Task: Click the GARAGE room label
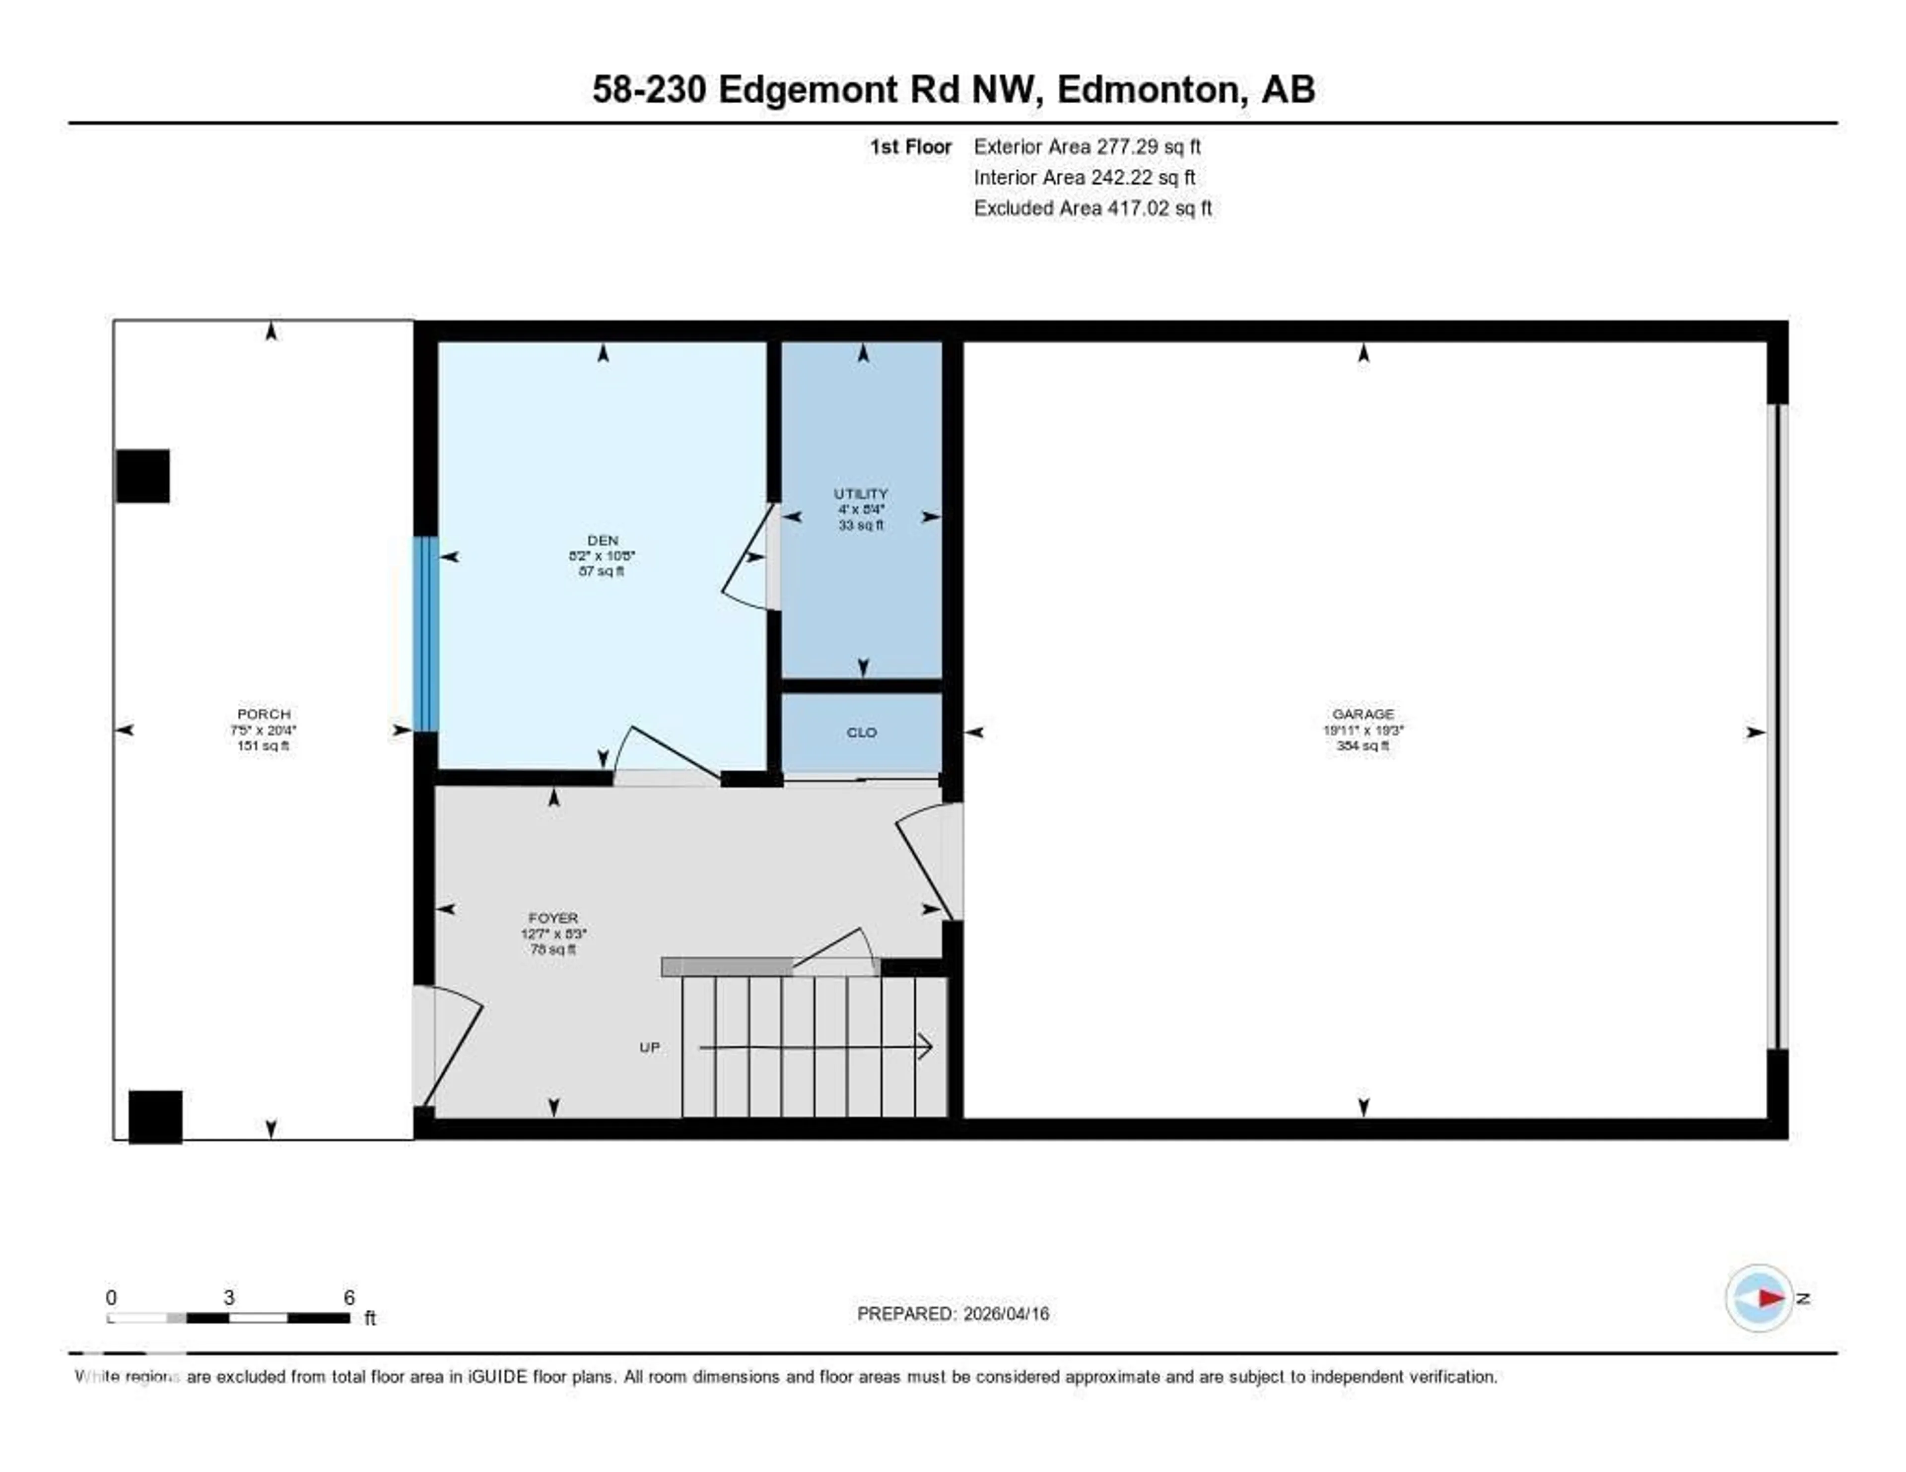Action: point(1362,714)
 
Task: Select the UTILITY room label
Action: point(861,494)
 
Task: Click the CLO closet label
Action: point(861,732)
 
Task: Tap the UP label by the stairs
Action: point(649,1047)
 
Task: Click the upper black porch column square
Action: point(142,475)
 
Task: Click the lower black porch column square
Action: point(155,1116)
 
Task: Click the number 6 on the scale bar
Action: point(349,1297)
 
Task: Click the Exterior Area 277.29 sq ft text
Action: point(1087,146)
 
